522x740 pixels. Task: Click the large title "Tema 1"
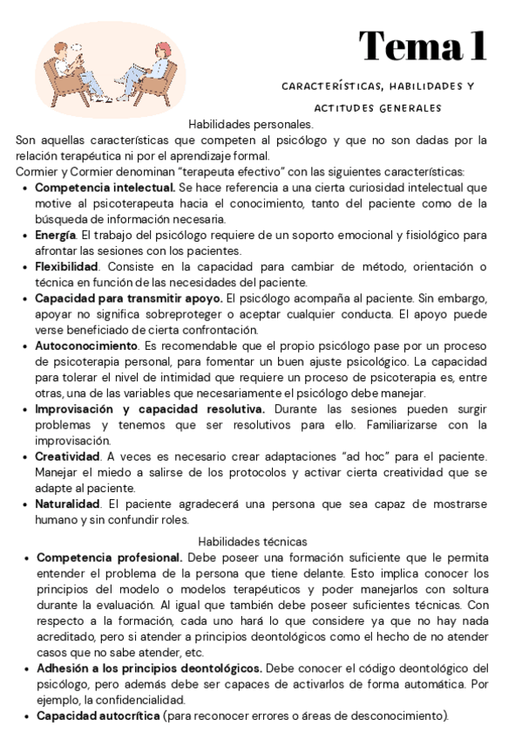[423, 45]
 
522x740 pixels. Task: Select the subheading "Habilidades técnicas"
[253, 541]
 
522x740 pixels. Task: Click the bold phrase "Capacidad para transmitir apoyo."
[128, 298]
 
